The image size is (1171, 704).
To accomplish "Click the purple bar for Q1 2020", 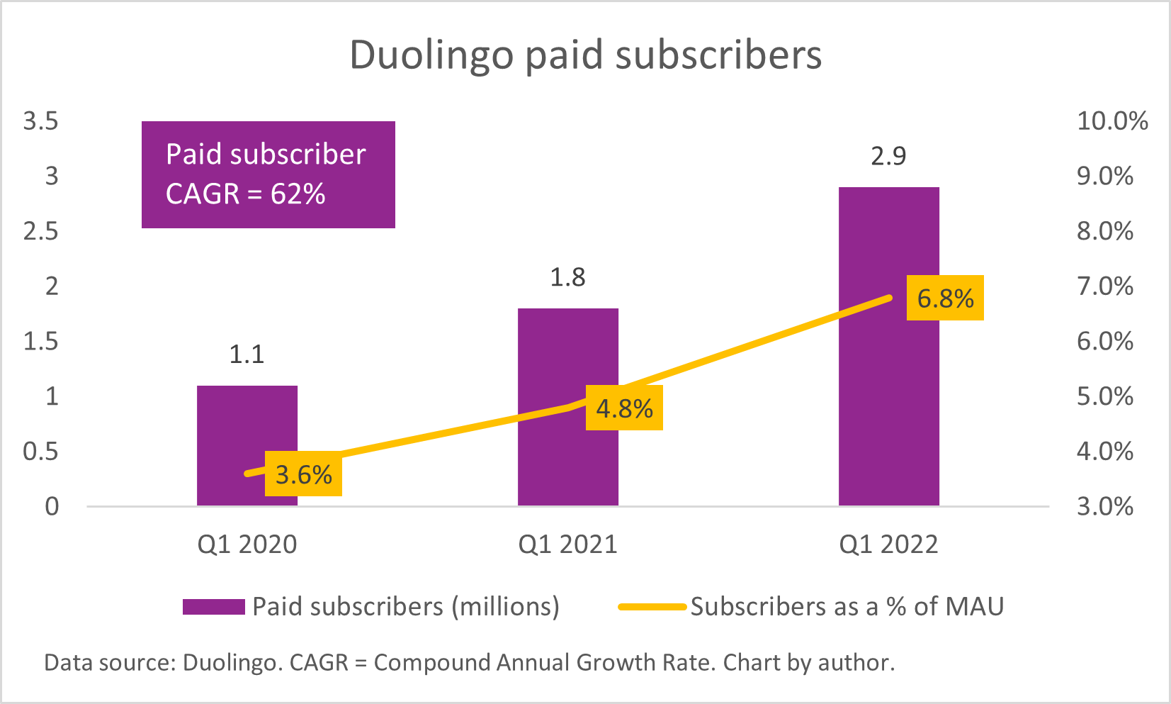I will click(x=247, y=425).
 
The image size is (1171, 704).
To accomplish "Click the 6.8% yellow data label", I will click(x=945, y=298).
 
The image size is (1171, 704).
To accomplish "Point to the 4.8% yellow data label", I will click(x=624, y=408).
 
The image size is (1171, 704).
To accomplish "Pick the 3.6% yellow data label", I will click(x=303, y=474).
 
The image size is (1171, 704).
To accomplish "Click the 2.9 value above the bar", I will click(x=888, y=156).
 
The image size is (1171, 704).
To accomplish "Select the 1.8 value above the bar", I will click(x=567, y=277).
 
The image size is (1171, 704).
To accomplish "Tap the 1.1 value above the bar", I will click(x=247, y=354).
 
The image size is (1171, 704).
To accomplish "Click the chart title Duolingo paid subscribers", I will click(x=585, y=55).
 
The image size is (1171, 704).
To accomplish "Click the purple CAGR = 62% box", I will click(x=268, y=174).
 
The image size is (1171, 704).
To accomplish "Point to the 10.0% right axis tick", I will click(x=1111, y=121).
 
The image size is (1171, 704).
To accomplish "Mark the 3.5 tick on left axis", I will click(x=41, y=121).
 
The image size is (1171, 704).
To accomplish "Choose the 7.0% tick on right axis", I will click(x=1104, y=286).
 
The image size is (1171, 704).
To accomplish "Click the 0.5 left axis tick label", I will click(x=41, y=452).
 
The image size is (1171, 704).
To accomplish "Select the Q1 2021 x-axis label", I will click(x=567, y=544).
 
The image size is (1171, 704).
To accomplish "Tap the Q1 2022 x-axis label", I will click(x=888, y=544).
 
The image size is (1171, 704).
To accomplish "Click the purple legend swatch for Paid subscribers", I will click(x=213, y=607).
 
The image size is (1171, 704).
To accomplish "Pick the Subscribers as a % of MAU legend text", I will click(x=847, y=607).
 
